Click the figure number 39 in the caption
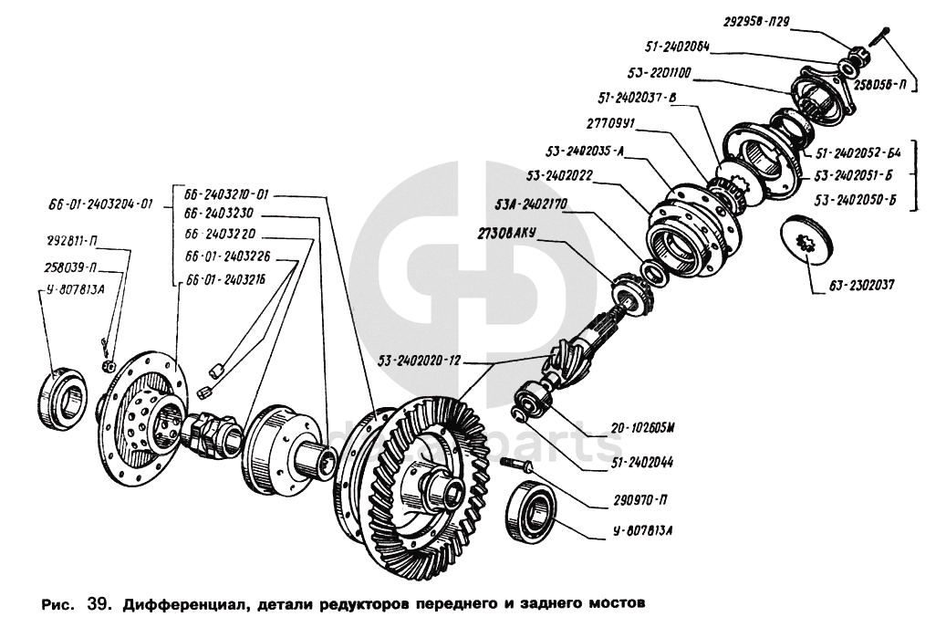pos(98,603)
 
